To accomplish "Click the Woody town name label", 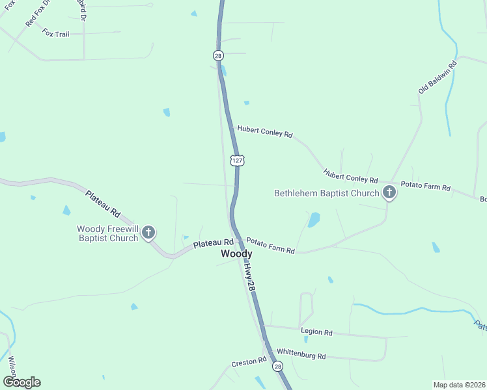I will tap(236, 253).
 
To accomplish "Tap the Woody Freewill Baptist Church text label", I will tap(107, 233).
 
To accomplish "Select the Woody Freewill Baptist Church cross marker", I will tap(148, 232).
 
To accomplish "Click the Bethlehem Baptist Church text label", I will tap(326, 193).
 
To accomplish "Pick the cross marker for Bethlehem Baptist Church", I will tap(389, 192).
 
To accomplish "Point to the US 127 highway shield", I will tap(237, 160).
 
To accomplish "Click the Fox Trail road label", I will tap(56, 32).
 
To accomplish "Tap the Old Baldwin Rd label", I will tap(438, 75).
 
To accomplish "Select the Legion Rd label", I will tap(316, 332).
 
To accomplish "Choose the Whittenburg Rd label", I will tap(301, 354).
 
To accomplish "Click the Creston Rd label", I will tap(249, 361).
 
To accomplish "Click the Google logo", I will tap(21, 382).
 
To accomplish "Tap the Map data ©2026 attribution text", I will tap(458, 385).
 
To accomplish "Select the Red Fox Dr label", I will tap(38, 14).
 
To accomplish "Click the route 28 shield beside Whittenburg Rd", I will tap(278, 367).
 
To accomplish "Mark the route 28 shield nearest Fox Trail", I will tap(217, 56).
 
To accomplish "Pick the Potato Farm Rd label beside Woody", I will tap(270, 246).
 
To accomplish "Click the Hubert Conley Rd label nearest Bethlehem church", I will tap(351, 176).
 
